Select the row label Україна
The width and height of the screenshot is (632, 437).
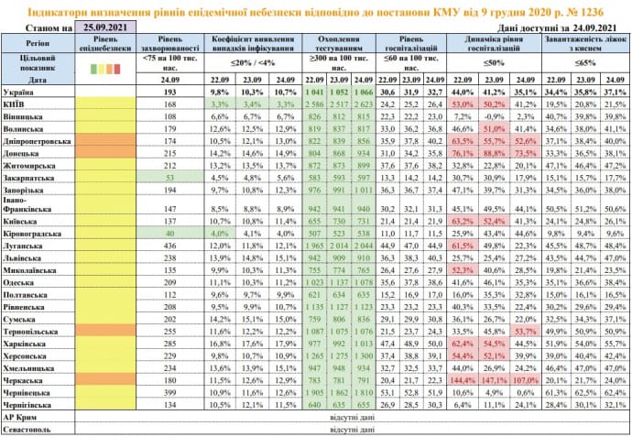pos(19,93)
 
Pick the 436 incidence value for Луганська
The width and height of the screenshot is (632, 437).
pos(169,246)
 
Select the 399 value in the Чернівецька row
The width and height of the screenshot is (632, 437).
pos(169,390)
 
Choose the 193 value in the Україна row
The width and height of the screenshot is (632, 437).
pos(169,93)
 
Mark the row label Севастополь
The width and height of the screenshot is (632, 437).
pos(27,428)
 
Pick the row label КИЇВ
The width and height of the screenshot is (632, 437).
pos(15,105)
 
